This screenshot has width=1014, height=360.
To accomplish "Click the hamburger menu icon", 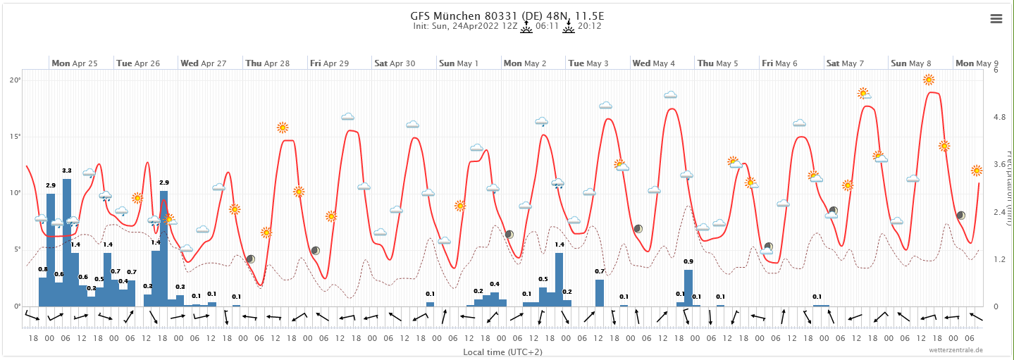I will [996, 19].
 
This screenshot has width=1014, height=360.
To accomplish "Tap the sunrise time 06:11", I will [547, 26].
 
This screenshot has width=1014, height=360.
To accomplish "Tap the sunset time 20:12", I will [589, 26].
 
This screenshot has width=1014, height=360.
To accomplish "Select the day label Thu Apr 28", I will [268, 63].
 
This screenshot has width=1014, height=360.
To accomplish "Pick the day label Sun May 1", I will [459, 63].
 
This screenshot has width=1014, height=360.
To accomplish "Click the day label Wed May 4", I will [654, 63].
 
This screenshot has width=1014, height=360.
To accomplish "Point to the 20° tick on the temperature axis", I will [15, 80].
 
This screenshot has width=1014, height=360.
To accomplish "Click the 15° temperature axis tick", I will [15, 137].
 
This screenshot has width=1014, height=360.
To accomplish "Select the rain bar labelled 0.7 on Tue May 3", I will [600, 292].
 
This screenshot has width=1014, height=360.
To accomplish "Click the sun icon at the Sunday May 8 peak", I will [929, 80].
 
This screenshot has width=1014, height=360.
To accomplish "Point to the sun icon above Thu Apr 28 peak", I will [283, 128].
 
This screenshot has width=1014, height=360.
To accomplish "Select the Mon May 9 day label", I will [975, 63].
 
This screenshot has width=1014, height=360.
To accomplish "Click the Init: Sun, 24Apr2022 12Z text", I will [466, 26].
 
